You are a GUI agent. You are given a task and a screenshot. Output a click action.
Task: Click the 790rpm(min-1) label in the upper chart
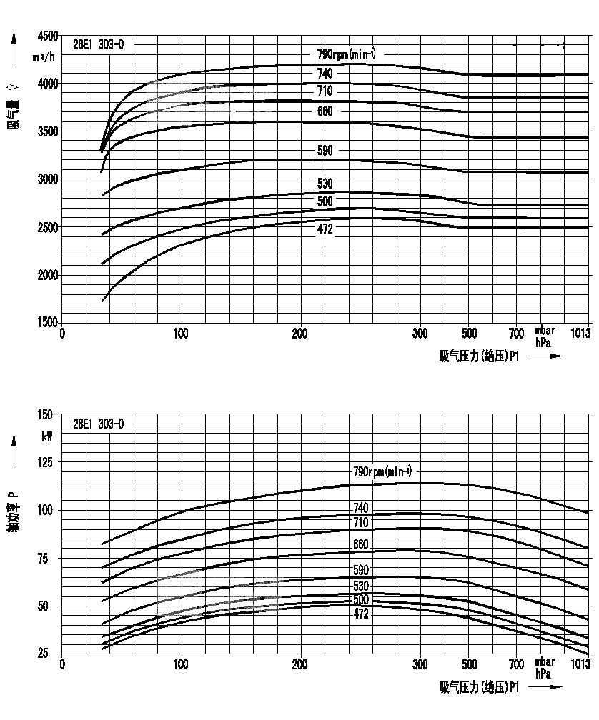pos(347,54)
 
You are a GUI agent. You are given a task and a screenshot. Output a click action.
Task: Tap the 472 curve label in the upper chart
pos(325,229)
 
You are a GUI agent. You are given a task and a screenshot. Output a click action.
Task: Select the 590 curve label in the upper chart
pos(325,151)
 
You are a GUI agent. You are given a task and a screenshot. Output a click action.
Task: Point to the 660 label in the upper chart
pos(325,111)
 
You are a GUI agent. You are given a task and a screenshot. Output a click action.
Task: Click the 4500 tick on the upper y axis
pos(47,36)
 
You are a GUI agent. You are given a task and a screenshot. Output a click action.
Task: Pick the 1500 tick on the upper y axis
pos(47,322)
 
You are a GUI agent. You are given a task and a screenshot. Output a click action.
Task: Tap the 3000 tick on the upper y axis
pos(47,179)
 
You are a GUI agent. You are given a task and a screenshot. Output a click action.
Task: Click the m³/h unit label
pos(44,56)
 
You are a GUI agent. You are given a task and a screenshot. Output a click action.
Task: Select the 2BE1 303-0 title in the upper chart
pos(99,44)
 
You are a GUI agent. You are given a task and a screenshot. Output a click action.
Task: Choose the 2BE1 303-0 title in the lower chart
pos(99,424)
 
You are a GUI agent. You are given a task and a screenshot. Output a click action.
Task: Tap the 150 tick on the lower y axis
pos(45,415)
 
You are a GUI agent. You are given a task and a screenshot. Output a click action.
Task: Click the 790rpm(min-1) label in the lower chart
pos(382,471)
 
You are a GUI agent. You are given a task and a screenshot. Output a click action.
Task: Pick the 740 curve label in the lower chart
pos(361,509)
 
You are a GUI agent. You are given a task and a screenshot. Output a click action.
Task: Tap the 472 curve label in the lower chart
pos(361,614)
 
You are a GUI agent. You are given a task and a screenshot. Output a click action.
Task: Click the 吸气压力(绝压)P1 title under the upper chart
pos(478,355)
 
